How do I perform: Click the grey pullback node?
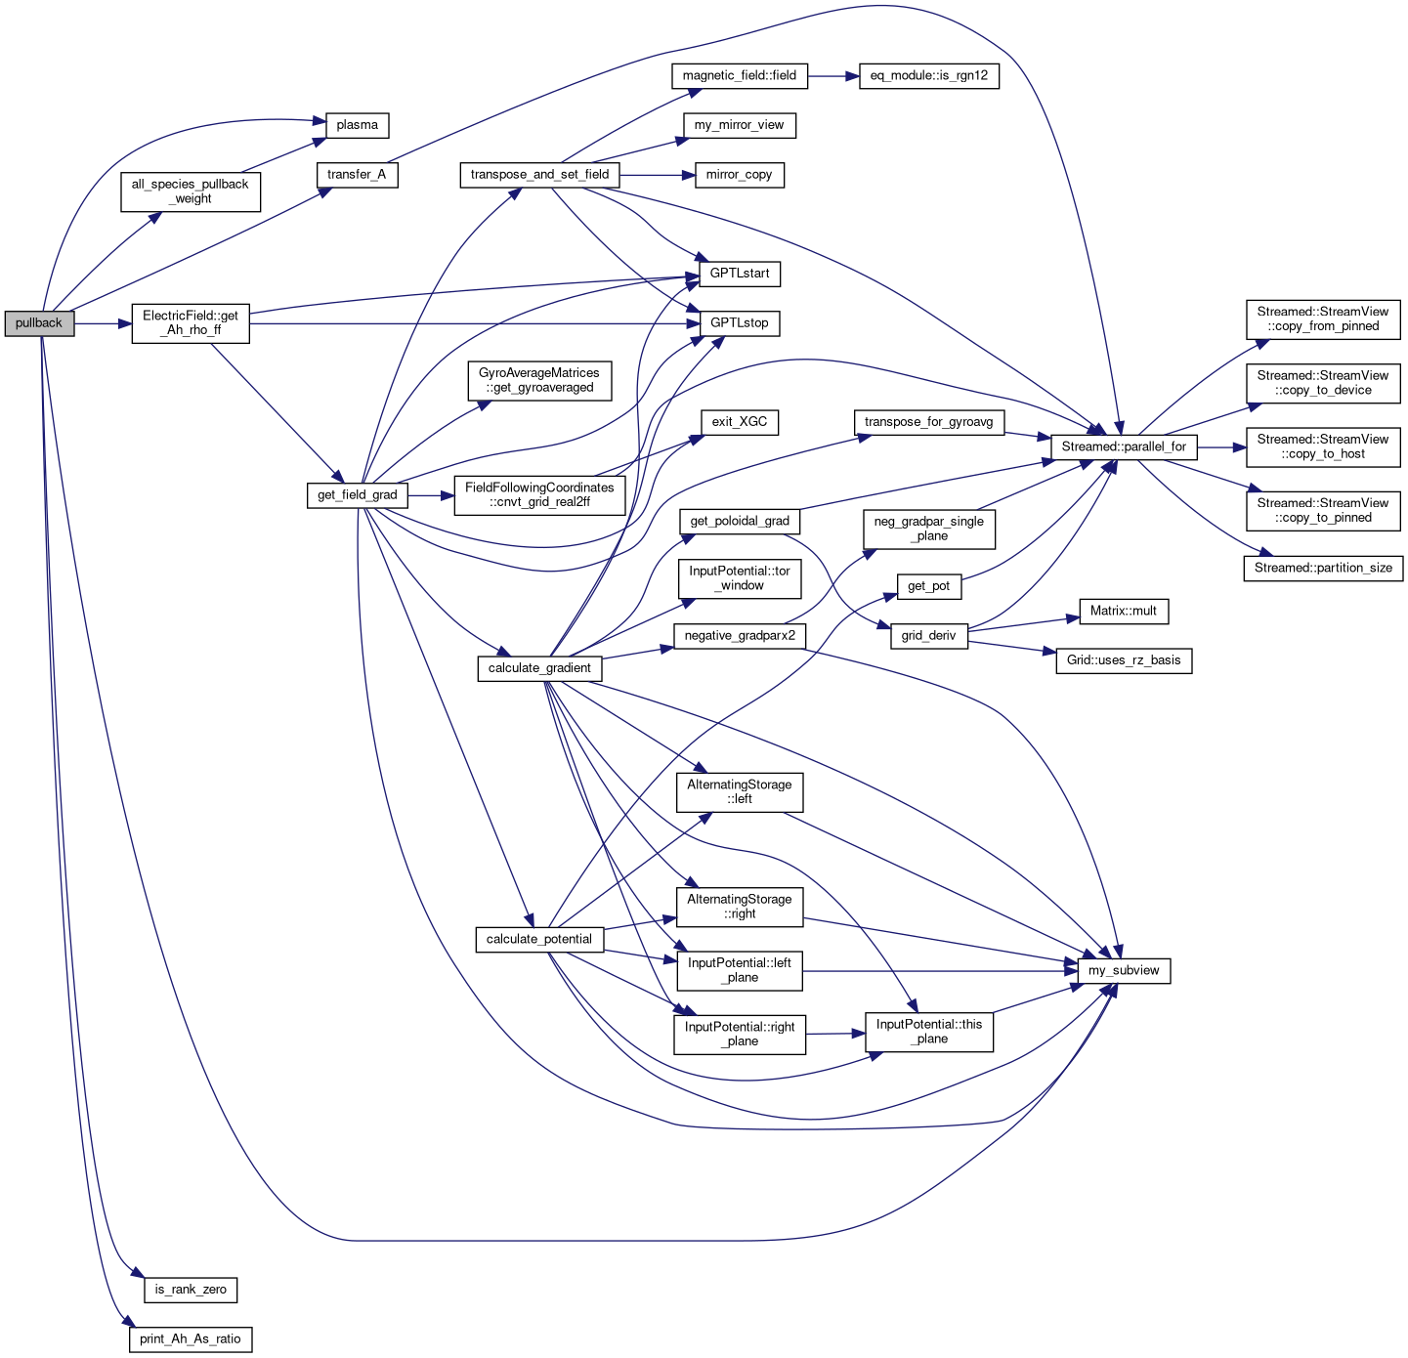pyautogui.click(x=39, y=323)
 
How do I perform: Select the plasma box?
pyautogui.click(x=357, y=125)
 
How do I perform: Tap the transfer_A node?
pyautogui.click(x=357, y=175)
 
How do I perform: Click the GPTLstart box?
pyautogui.click(x=740, y=274)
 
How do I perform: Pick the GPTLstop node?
pyautogui.click(x=740, y=323)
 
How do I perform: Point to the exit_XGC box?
pyautogui.click(x=740, y=422)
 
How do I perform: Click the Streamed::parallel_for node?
pyautogui.click(x=1124, y=446)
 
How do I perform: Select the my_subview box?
pyautogui.click(x=1124, y=971)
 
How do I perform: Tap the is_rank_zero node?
pyautogui.click(x=191, y=1290)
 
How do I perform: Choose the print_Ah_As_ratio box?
pyautogui.click(x=191, y=1339)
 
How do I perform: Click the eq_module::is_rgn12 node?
pyautogui.click(x=929, y=75)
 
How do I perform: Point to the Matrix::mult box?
pyautogui.click(x=1124, y=612)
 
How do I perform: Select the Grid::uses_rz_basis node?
pyautogui.click(x=1124, y=660)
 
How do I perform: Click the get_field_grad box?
pyautogui.click(x=358, y=495)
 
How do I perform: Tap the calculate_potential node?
pyautogui.click(x=539, y=940)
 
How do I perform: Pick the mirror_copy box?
pyautogui.click(x=740, y=175)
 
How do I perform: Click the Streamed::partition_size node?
pyautogui.click(x=1324, y=568)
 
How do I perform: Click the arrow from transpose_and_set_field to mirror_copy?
pyautogui.click(x=657, y=175)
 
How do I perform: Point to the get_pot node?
pyautogui.click(x=929, y=586)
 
